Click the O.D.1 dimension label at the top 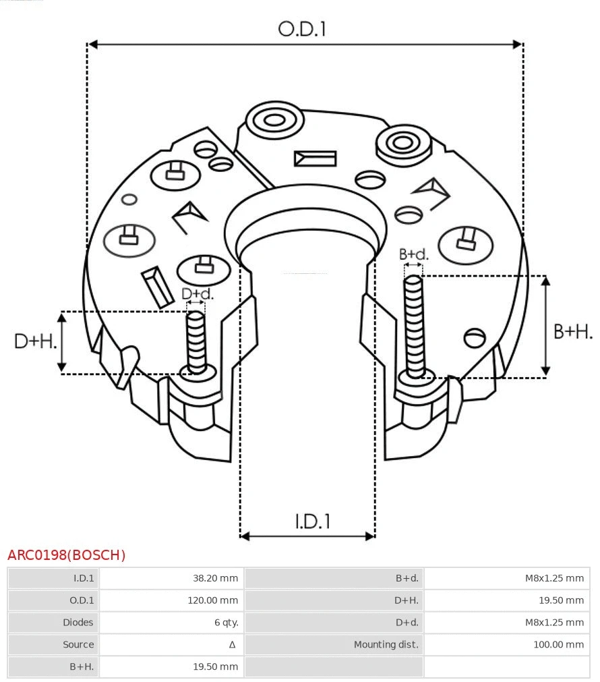tap(302, 28)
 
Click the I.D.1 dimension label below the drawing tap(313, 521)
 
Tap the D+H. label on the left tap(36, 341)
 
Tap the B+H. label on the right tap(573, 331)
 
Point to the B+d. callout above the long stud tap(413, 254)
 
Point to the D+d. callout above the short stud tap(198, 294)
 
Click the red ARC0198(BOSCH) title tap(66, 555)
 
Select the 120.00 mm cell tap(212, 600)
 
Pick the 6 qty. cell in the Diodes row tap(226, 623)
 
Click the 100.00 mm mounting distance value tap(558, 645)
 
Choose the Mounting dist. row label tap(386, 645)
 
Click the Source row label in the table tap(78, 645)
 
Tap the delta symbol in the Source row tap(232, 645)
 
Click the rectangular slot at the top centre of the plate tap(315, 159)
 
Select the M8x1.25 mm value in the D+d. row tap(554, 623)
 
